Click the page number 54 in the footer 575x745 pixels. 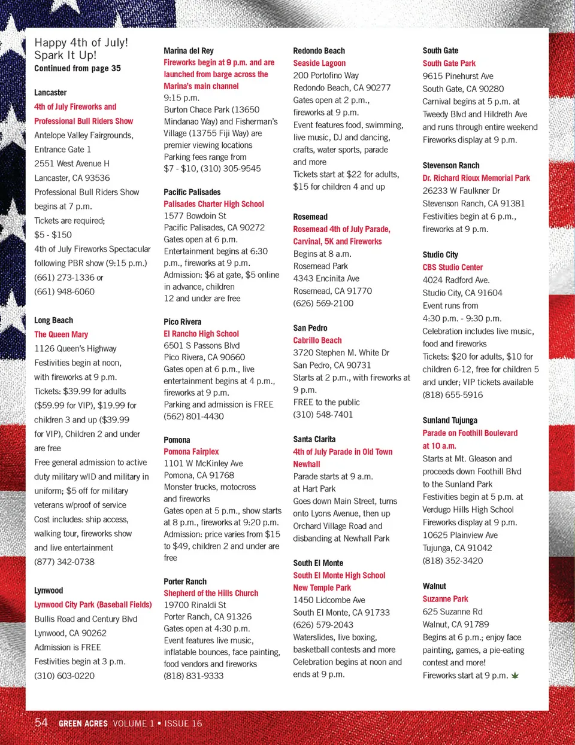(41, 722)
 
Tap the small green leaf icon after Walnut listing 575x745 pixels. (515, 676)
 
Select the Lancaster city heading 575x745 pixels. (50, 93)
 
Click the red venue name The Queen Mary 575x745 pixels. (61, 335)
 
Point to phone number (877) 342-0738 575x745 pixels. (64, 562)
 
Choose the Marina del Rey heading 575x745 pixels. (189, 51)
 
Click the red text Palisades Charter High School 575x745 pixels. (214, 204)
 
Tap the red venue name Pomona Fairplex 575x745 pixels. (191, 452)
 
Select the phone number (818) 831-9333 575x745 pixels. (193, 676)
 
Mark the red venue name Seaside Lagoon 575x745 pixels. (319, 63)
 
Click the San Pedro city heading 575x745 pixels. (310, 328)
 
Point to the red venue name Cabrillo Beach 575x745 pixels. (317, 340)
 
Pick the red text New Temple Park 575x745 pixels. (322, 588)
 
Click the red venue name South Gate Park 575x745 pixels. (449, 63)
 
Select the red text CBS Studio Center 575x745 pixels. (452, 267)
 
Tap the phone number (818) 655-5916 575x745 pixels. (452, 395)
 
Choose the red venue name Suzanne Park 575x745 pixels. (445, 599)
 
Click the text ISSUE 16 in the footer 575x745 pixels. (183, 723)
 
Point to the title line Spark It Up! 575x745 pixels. (65, 55)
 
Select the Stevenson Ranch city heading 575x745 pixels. (451, 165)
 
